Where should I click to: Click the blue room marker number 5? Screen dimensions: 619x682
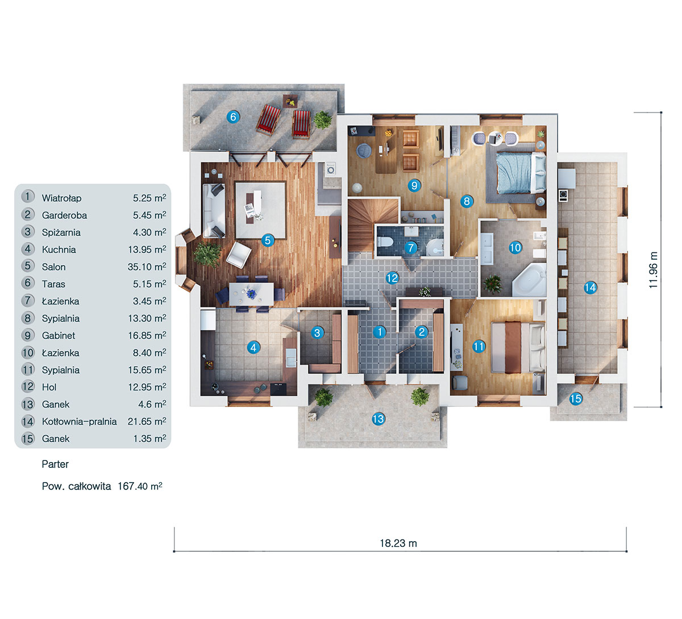point(268,240)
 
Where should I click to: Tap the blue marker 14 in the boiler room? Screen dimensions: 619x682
point(590,288)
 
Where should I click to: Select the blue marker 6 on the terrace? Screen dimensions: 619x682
point(232,117)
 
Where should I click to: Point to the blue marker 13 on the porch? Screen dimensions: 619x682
point(378,419)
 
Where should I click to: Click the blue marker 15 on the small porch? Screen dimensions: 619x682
point(576,398)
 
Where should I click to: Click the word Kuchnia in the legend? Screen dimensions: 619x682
point(59,250)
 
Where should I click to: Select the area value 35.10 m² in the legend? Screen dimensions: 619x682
point(147,267)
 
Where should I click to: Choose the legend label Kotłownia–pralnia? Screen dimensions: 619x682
point(79,422)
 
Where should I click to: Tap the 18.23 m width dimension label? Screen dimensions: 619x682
point(398,543)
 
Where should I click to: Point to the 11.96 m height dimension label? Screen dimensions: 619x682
point(654,270)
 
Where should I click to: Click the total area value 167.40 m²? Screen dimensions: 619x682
point(140,487)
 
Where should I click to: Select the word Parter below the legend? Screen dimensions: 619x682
point(55,464)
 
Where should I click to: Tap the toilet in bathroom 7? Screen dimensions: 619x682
point(386,242)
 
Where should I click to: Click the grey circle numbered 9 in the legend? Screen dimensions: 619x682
point(28,335)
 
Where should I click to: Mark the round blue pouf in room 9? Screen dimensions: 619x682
point(363,151)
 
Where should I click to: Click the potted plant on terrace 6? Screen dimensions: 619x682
point(322,120)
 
